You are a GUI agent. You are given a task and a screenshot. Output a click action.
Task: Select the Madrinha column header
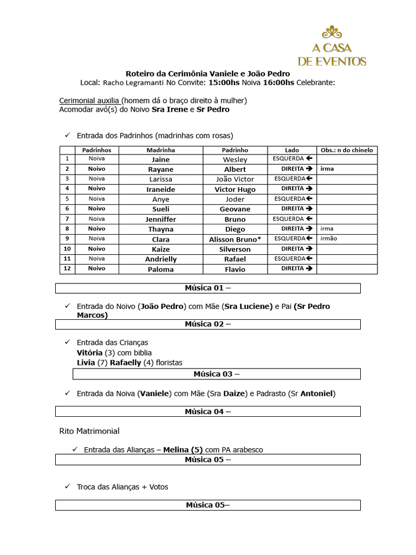(160, 150)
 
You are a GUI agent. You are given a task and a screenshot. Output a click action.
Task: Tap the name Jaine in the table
(160, 159)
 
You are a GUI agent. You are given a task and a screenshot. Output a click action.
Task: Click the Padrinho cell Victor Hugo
(235, 189)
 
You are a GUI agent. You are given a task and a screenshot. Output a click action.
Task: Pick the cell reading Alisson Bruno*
(235, 239)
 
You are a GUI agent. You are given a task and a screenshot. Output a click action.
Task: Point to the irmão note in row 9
(329, 238)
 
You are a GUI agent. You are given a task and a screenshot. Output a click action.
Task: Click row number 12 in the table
(67, 268)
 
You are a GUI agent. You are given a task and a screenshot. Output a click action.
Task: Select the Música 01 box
(207, 288)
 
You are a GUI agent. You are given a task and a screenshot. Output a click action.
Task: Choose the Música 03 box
(217, 374)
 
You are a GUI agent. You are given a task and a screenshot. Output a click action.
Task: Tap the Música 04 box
(207, 411)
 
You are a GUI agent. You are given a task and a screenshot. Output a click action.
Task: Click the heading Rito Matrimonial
(89, 431)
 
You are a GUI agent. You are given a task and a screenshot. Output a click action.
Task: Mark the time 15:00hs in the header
(223, 82)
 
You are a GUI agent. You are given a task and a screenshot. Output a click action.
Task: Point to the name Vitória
(89, 353)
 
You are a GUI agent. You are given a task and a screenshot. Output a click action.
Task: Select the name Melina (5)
(183, 450)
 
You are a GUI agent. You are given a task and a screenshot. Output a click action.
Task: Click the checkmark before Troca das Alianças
(67, 487)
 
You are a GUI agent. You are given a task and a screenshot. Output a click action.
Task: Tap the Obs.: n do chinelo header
(347, 150)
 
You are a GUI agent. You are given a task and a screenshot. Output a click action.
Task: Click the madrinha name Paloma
(160, 269)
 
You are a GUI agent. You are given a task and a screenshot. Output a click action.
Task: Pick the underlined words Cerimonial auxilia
(89, 100)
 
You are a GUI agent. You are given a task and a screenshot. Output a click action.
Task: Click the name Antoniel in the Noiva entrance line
(317, 393)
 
